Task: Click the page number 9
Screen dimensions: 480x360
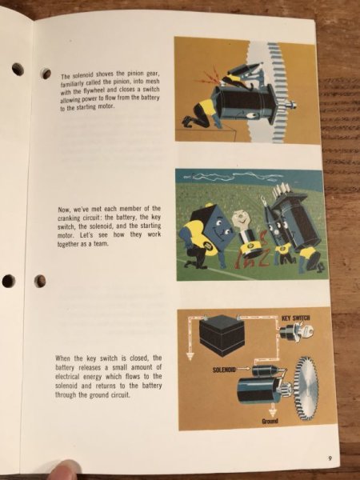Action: (330, 457)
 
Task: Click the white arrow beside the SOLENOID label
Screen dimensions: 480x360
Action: (242, 370)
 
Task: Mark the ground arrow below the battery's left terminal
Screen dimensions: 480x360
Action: (189, 353)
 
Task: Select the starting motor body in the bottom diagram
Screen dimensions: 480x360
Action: (256, 393)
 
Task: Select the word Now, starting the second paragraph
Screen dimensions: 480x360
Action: (63, 208)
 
